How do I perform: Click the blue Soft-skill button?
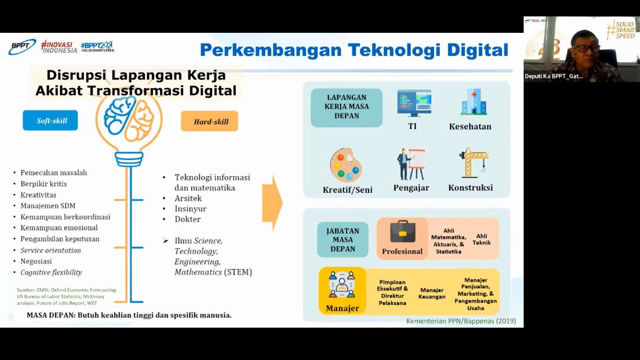click(50, 120)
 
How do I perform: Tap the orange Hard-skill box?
click(209, 121)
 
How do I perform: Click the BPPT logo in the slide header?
click(22, 46)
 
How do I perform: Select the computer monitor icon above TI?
click(414, 103)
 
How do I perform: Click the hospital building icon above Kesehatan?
click(474, 102)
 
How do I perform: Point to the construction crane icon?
click(474, 163)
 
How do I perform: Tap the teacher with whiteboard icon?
click(411, 164)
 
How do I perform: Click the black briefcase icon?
click(403, 231)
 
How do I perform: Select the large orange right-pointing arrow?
click(272, 203)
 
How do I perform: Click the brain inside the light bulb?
click(129, 119)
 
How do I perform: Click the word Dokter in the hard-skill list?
click(187, 219)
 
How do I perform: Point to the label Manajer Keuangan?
click(432, 293)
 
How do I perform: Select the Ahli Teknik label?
click(482, 240)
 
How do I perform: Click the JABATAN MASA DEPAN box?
click(342, 240)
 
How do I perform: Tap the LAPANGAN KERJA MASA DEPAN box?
click(347, 107)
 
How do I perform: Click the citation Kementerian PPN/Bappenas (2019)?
click(461, 321)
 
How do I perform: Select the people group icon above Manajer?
click(342, 285)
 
